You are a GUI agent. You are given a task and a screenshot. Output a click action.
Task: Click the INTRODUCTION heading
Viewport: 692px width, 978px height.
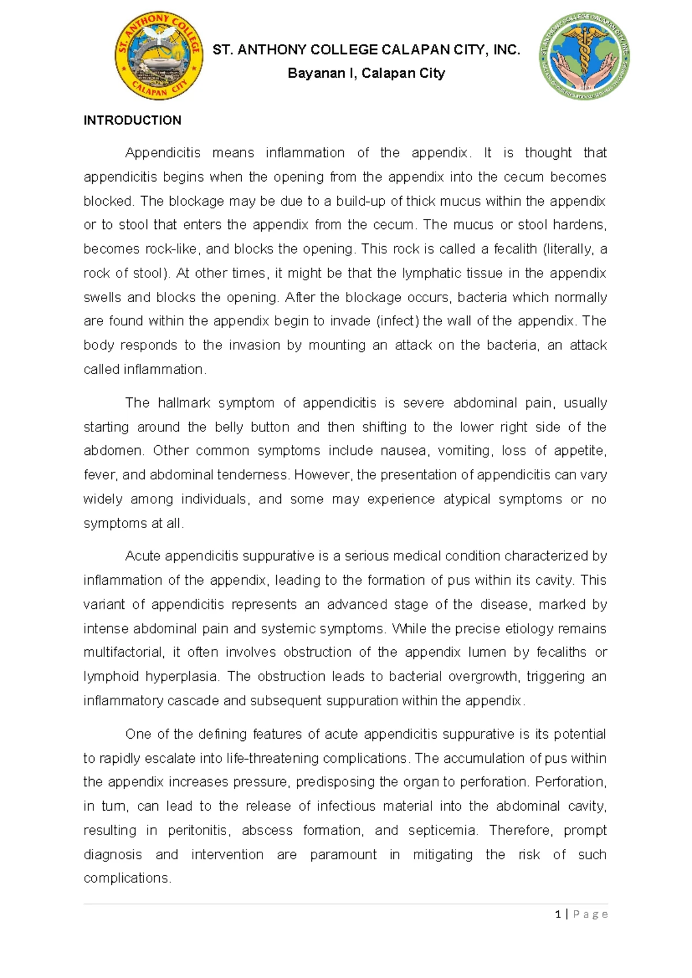click(x=132, y=120)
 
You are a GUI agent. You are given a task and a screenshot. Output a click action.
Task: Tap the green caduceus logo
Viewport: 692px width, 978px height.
click(x=584, y=56)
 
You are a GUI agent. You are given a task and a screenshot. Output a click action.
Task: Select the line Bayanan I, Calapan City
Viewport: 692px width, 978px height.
click(x=366, y=73)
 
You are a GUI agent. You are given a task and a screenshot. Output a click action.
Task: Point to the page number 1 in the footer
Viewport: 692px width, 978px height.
click(x=558, y=914)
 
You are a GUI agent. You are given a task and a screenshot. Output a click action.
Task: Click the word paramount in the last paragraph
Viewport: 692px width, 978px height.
click(x=343, y=855)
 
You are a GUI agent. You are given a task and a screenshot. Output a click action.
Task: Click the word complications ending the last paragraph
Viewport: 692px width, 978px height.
click(x=127, y=878)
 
